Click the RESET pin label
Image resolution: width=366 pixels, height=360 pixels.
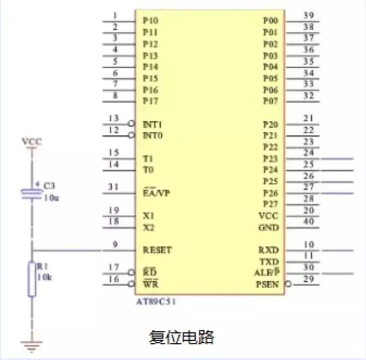coord(157,250)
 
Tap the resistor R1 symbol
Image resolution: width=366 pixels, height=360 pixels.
coord(32,279)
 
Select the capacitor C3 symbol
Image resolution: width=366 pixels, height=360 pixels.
coord(32,195)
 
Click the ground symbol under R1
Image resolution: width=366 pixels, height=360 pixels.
coord(31,346)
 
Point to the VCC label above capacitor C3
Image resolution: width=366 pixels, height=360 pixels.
coord(32,141)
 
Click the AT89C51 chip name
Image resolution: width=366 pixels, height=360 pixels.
coord(155,302)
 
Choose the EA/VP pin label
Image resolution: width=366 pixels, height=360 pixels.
coord(156,193)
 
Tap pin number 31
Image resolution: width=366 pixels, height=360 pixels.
coord(113,187)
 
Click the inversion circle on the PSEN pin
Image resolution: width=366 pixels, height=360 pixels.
coord(288,284)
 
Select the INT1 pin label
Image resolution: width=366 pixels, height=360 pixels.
coord(152,124)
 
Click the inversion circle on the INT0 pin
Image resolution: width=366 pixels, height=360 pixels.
coord(131,135)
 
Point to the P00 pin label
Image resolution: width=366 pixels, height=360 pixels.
coord(270,21)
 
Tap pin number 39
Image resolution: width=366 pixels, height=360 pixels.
coord(308,16)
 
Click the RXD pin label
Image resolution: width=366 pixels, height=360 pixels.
coord(268,250)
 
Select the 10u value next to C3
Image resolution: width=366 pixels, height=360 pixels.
coord(51,198)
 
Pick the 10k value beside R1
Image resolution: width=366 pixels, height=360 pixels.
coord(44,277)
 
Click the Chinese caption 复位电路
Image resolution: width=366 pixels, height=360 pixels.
coord(181,337)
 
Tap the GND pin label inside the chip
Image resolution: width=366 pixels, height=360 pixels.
coord(268,227)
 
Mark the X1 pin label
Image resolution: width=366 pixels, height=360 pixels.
coord(148,216)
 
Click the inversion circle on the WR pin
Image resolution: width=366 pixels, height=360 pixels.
coord(131,284)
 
